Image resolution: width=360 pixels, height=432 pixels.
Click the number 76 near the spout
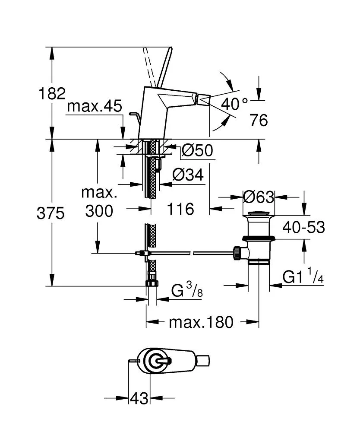click(259, 120)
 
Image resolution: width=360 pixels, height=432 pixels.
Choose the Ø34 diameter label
click(188, 175)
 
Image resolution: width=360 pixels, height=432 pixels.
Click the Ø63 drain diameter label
click(258, 197)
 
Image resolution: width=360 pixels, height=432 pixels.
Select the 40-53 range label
click(303, 227)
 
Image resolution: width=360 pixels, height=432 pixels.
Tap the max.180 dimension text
click(201, 322)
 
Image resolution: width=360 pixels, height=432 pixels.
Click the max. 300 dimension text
click(99, 201)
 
